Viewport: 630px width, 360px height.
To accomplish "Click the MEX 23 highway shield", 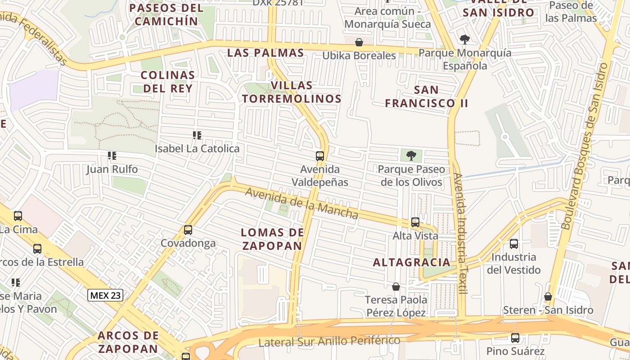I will tap(105, 295).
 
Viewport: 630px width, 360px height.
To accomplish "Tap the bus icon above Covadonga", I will tap(188, 230).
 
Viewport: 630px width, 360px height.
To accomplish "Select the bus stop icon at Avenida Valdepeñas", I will tap(320, 157).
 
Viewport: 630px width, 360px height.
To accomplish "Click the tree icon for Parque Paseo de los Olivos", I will tap(411, 156).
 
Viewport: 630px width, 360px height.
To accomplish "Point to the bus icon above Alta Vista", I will tap(415, 222).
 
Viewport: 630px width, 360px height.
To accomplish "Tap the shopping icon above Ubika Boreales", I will tap(359, 43).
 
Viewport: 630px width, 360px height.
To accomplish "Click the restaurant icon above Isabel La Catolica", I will tap(197, 135).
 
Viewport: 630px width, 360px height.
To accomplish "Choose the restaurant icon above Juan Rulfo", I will tap(112, 156).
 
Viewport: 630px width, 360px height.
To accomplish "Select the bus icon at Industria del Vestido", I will tap(513, 244).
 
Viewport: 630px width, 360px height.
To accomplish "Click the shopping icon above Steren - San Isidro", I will tap(548, 297).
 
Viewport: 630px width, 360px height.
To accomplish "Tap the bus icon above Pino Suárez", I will tap(515, 337).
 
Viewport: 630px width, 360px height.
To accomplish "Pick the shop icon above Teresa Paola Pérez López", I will tap(396, 287).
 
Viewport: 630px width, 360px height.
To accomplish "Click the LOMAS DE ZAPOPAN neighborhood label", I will tap(272, 239).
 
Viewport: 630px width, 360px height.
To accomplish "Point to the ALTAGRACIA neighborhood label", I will tap(412, 262).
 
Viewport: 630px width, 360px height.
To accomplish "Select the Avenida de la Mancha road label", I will tap(301, 203).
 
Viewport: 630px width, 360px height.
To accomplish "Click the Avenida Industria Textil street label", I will tap(461, 234).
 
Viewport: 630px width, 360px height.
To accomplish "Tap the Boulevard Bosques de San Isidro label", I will tap(585, 146).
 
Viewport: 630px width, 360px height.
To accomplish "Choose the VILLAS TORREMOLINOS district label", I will tap(292, 92).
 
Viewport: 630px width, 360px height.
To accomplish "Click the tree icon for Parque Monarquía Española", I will tap(464, 40).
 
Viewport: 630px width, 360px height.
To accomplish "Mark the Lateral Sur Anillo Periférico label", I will tap(329, 342).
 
